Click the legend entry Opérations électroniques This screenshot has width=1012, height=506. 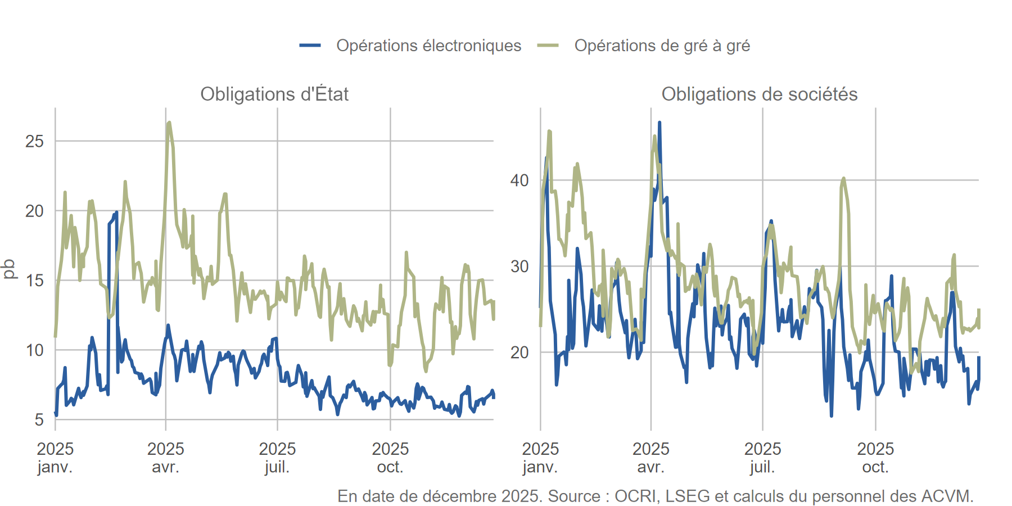pyautogui.click(x=428, y=46)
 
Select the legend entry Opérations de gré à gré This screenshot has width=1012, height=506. pyautogui.click(x=662, y=46)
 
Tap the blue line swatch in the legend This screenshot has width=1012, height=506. pyautogui.click(x=310, y=46)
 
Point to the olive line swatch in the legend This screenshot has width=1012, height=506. pyautogui.click(x=548, y=46)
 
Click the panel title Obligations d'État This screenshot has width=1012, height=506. pyautogui.click(x=274, y=94)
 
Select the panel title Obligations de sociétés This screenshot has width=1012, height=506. pyautogui.click(x=759, y=94)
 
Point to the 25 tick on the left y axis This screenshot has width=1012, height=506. pyautogui.click(x=34, y=141)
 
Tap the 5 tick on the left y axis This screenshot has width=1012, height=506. pyautogui.click(x=39, y=419)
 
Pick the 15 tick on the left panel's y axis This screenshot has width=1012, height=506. pyautogui.click(x=34, y=281)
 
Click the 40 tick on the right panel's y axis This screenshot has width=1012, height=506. pyautogui.click(x=519, y=180)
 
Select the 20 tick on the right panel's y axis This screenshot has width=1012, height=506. pyautogui.click(x=519, y=353)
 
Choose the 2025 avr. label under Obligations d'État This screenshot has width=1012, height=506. pyautogui.click(x=165, y=458)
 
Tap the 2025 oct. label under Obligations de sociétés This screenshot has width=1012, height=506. pyautogui.click(x=875, y=458)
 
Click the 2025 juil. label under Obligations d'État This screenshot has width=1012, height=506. pyautogui.click(x=277, y=458)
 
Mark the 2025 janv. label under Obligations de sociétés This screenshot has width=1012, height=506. pyautogui.click(x=540, y=458)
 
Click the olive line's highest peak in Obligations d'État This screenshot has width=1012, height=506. pyautogui.click(x=169, y=123)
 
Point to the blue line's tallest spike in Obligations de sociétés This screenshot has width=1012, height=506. pyautogui.click(x=659, y=122)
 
